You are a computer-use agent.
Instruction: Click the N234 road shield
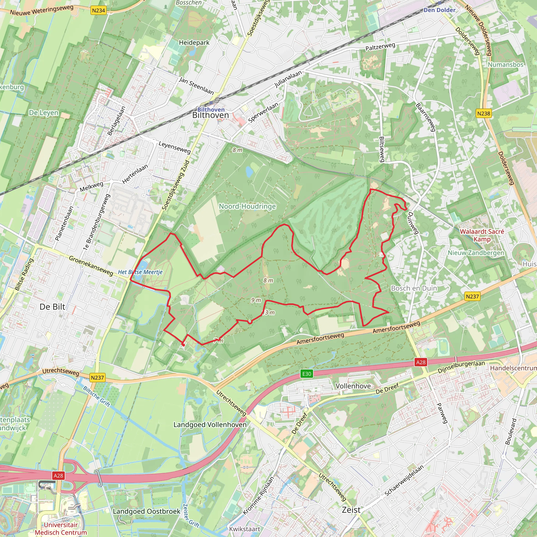(x=98, y=10)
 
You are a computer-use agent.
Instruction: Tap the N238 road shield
(x=484, y=113)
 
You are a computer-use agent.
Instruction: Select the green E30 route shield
(x=307, y=374)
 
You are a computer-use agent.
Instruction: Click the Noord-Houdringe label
(x=247, y=206)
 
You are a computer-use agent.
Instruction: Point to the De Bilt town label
(x=52, y=307)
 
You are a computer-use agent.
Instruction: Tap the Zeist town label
(x=351, y=510)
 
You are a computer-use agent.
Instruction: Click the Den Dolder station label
(x=439, y=10)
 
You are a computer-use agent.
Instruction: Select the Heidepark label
(x=194, y=42)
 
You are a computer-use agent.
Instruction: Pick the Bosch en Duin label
(x=414, y=288)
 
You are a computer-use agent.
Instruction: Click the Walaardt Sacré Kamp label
(x=482, y=235)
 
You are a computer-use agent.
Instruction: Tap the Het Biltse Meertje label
(x=140, y=272)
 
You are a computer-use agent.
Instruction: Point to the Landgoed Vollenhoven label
(x=210, y=425)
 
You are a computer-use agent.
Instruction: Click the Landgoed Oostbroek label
(x=147, y=511)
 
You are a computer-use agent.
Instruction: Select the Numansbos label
(x=505, y=65)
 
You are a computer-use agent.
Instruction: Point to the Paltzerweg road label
(x=380, y=47)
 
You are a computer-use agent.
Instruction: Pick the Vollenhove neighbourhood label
(x=353, y=386)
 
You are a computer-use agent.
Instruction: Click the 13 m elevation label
(x=269, y=313)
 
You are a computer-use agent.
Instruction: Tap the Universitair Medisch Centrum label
(x=61, y=528)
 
